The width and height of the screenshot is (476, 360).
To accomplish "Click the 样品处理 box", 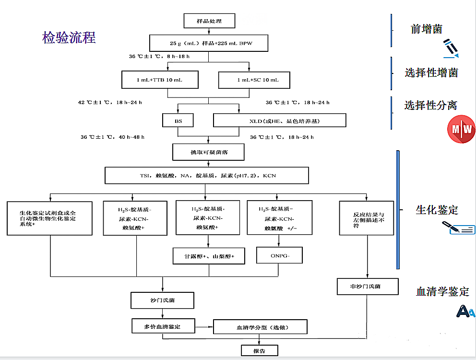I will click(209, 21).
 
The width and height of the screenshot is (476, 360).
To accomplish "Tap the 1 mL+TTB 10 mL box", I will click(160, 80).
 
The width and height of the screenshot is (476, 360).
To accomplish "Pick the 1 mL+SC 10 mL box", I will click(254, 80).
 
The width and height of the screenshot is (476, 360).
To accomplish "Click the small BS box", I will click(178, 120).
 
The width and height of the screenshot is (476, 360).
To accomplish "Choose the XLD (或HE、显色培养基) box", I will click(279, 120).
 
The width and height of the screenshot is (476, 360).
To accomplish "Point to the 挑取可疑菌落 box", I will click(209, 152).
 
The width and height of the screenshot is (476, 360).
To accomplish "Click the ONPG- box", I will click(280, 255).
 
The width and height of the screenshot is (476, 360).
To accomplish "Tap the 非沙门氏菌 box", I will click(368, 287).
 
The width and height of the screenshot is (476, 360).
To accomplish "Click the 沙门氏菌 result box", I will click(162, 301).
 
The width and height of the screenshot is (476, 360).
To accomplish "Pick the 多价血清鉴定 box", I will click(163, 326).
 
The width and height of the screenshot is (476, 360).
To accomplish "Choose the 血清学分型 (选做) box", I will click(260, 327).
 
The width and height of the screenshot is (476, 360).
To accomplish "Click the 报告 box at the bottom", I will click(259, 350).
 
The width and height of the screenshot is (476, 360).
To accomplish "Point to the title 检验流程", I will click(69, 37).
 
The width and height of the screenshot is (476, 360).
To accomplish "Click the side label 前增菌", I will click(426, 29).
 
